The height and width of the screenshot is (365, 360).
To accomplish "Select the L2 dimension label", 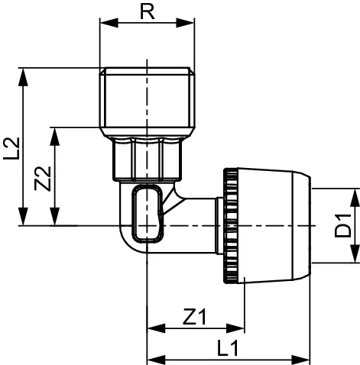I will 11,147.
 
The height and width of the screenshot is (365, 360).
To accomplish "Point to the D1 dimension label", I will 344,225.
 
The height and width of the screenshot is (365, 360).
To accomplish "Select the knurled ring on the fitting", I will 227,225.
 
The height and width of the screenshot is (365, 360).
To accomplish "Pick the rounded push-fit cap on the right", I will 275,225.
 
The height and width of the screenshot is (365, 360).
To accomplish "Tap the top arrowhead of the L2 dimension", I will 25,73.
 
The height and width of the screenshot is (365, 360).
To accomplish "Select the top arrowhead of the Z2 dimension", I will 54,132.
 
